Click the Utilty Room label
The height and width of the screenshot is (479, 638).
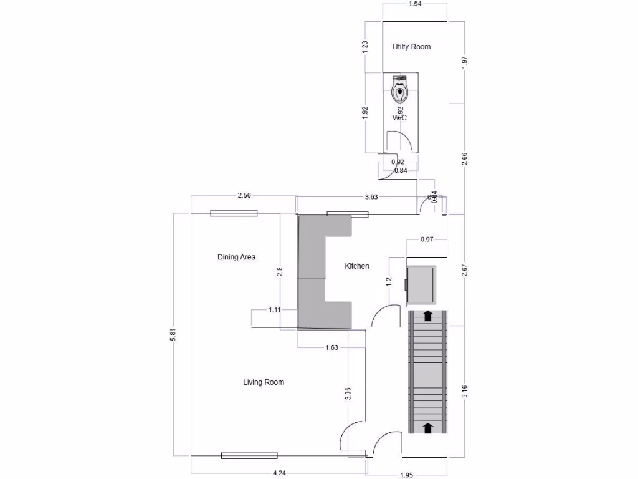point(411,47)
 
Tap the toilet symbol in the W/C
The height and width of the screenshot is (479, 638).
point(399,91)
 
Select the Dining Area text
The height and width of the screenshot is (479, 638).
point(236,257)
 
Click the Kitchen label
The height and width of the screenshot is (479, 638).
point(357,266)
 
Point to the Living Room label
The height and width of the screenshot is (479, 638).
point(264,382)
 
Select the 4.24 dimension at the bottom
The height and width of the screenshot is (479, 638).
point(280,473)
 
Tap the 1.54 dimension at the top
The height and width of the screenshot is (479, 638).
point(415,4)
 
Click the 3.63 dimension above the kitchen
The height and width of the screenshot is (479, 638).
point(371,196)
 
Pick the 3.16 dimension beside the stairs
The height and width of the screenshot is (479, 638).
point(464,392)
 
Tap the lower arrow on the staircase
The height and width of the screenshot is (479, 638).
point(428,427)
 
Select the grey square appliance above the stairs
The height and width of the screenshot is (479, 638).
point(421,285)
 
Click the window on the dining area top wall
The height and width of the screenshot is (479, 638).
point(234,213)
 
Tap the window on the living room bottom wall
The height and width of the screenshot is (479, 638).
point(249,456)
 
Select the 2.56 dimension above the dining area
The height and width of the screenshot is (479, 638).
point(244,196)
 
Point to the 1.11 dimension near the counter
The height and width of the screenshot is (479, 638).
point(275,309)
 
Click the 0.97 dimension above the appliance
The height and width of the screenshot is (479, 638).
point(427,239)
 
